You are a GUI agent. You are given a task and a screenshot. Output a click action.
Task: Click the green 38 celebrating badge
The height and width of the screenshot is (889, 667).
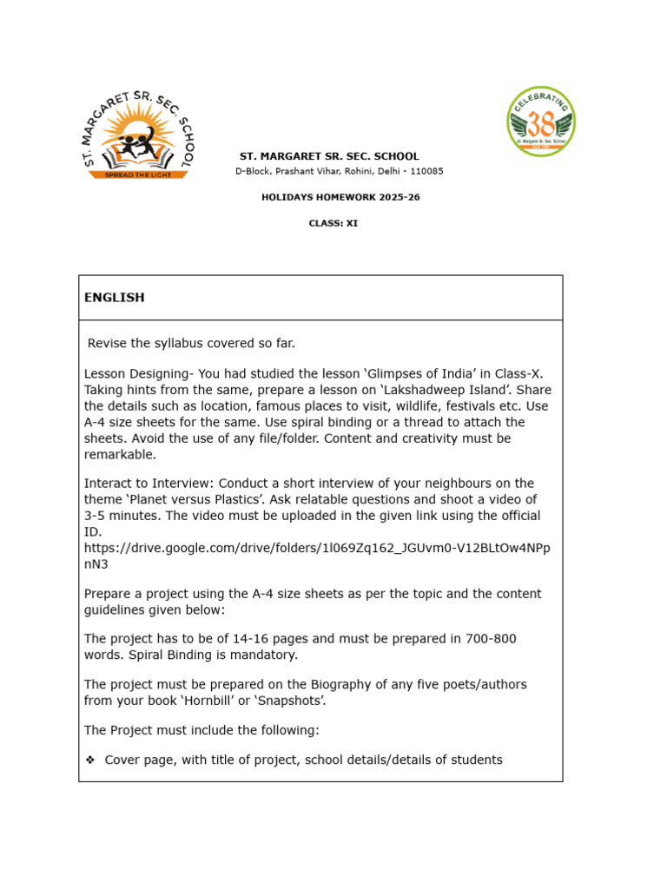(x=541, y=121)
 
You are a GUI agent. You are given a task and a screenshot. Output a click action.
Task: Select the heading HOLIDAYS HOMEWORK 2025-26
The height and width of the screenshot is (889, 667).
(x=340, y=197)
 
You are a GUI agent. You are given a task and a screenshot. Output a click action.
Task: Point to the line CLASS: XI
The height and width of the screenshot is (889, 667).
(x=333, y=223)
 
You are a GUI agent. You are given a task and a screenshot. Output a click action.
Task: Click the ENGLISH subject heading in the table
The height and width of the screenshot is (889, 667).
(x=114, y=298)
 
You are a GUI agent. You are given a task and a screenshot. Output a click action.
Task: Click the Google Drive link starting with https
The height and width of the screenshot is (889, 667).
(x=316, y=549)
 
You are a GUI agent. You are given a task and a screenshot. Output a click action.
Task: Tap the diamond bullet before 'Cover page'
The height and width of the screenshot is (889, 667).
(x=90, y=761)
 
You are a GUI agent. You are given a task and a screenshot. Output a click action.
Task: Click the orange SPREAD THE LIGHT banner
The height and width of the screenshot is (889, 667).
(x=139, y=174)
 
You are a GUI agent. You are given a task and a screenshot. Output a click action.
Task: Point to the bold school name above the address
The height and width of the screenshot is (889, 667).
(x=329, y=156)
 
